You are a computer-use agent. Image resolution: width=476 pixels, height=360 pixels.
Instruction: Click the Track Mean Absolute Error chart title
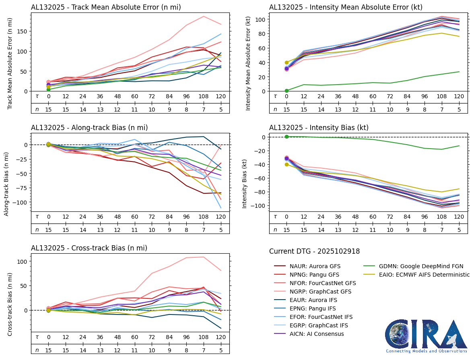[x=106, y=7]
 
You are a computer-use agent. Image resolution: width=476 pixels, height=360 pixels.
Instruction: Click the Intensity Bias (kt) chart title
[x=319, y=128]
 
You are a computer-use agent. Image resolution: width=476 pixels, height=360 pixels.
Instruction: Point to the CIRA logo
[x=427, y=336]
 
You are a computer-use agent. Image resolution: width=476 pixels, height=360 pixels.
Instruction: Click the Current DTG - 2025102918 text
[x=314, y=251]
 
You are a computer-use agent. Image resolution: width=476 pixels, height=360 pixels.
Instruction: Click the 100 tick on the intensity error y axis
[x=261, y=20]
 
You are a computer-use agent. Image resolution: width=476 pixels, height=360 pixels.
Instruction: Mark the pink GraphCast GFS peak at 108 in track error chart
[x=204, y=17]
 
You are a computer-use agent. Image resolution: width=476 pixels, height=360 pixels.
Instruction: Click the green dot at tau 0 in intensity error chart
[x=286, y=91]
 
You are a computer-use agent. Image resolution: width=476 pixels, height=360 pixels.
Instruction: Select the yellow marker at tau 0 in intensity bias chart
[x=286, y=164]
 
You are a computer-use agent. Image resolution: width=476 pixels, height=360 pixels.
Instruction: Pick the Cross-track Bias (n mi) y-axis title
[x=10, y=298]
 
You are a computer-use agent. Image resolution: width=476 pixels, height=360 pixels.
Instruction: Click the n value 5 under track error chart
[x=220, y=109]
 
